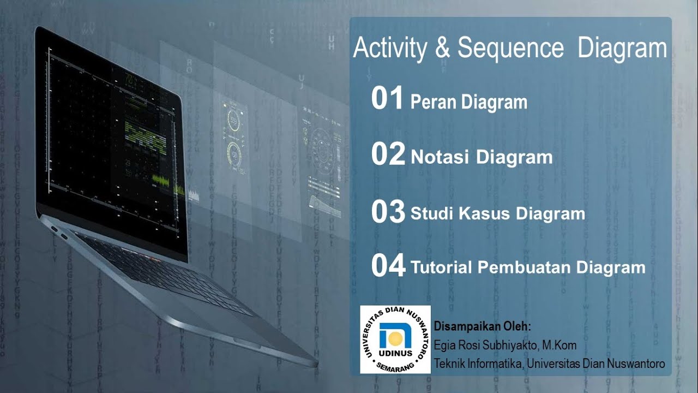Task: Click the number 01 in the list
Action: (x=387, y=99)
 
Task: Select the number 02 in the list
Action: (x=388, y=154)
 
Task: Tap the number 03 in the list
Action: (x=388, y=212)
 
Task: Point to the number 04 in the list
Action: (x=388, y=266)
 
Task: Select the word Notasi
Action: (x=440, y=157)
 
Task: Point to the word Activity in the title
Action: (x=390, y=48)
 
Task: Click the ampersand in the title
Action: (x=442, y=48)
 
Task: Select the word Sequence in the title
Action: (x=510, y=48)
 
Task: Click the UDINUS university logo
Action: (x=395, y=340)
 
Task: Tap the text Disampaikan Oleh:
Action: (x=483, y=327)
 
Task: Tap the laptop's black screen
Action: (x=109, y=136)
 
